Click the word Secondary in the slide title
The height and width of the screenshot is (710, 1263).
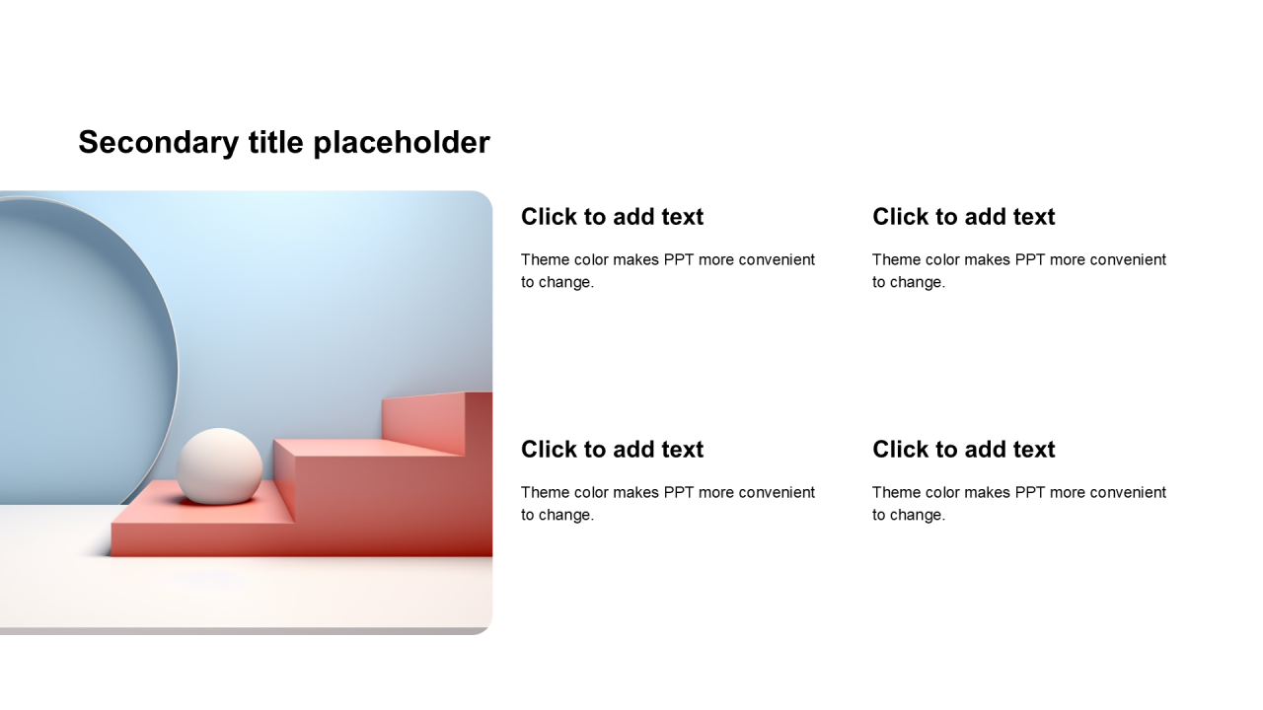point(159,142)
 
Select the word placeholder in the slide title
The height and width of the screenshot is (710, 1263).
point(402,143)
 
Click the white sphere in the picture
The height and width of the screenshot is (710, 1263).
point(219,466)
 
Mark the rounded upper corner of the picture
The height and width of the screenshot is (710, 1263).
point(484,198)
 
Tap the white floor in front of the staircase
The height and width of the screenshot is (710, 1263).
point(243,592)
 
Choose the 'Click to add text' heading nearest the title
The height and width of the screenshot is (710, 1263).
point(612,217)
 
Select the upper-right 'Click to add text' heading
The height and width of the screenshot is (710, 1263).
point(964,217)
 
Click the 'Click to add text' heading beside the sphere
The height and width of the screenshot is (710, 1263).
point(612,450)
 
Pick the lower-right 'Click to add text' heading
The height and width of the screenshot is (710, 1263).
point(964,450)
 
